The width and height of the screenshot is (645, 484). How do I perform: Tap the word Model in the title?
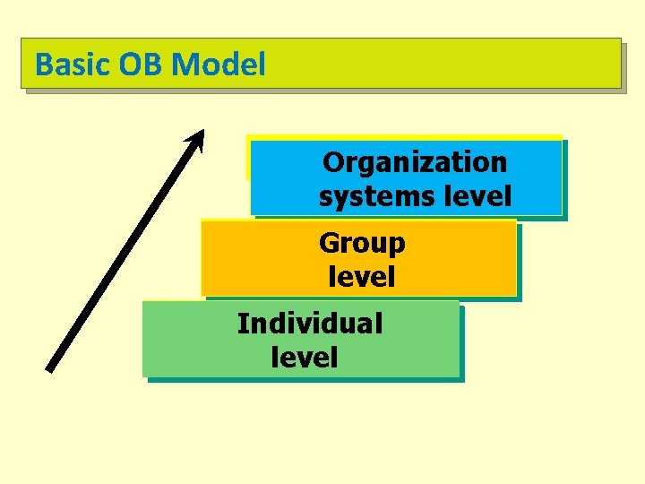click(x=219, y=65)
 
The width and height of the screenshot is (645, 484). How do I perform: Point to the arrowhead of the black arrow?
click(x=198, y=137)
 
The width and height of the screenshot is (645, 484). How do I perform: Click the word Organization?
click(x=415, y=162)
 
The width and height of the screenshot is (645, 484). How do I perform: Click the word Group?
click(x=362, y=243)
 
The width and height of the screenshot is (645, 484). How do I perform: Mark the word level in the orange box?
click(x=362, y=277)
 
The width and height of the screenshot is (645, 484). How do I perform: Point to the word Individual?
click(x=309, y=324)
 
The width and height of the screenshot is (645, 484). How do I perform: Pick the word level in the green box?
click(x=304, y=358)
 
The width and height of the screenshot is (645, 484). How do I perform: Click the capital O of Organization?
click(x=332, y=162)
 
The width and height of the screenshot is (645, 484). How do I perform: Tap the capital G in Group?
click(x=329, y=243)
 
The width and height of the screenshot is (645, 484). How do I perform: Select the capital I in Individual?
click(x=241, y=324)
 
